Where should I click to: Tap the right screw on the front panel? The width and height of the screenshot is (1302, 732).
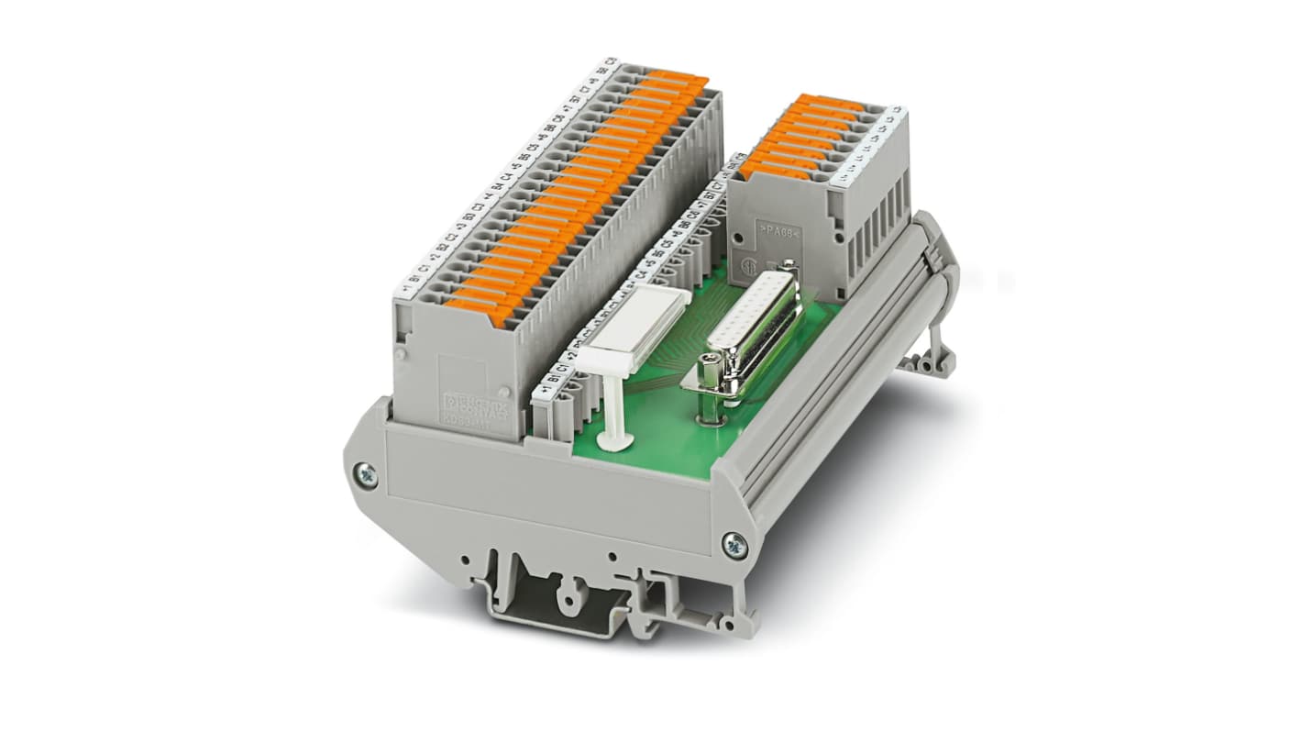734,545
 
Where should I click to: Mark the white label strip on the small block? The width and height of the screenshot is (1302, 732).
871,148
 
